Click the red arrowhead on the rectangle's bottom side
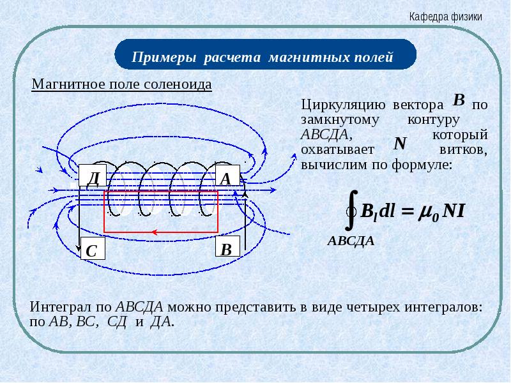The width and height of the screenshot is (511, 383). click(x=155, y=232)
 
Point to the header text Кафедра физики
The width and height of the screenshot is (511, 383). click(x=445, y=17)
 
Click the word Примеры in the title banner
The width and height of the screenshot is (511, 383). click(x=164, y=57)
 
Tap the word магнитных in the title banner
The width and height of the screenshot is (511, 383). click(x=305, y=57)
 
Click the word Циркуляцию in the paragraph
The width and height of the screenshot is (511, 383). click(x=343, y=105)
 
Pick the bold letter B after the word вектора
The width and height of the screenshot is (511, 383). click(x=459, y=100)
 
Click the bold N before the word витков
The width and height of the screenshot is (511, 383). click(x=400, y=143)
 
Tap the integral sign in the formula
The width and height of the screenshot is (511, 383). click(x=351, y=210)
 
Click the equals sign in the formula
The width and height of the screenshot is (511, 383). click(x=409, y=211)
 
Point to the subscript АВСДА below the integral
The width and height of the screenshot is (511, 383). click(x=351, y=241)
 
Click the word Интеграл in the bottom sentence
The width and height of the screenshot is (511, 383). click(x=61, y=307)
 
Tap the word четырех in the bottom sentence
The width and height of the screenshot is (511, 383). click(x=373, y=308)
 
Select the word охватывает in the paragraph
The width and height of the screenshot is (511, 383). click(x=338, y=150)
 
